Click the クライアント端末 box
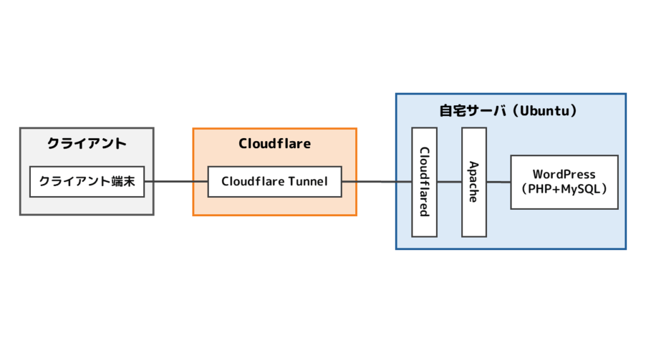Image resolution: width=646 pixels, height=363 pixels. click(x=87, y=181)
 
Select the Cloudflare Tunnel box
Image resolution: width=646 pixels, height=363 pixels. click(x=274, y=181)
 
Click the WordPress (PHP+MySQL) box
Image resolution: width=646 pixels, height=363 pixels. click(x=564, y=181)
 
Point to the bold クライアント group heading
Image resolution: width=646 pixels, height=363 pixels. click(x=87, y=144)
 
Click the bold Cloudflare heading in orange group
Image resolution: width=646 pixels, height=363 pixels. click(x=274, y=144)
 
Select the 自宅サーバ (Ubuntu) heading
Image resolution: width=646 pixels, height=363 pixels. click(x=509, y=110)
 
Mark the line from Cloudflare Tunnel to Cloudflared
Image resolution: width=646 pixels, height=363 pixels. click(x=376, y=181)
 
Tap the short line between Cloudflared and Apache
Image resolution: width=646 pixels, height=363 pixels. click(x=449, y=181)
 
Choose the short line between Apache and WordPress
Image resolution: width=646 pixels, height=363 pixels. click(x=498, y=181)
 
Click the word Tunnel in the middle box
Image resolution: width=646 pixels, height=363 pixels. click(x=308, y=181)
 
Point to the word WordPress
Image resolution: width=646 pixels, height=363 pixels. click(x=564, y=174)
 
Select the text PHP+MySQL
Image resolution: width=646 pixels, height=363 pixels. click(x=564, y=188)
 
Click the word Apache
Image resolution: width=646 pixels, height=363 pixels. click(x=473, y=181)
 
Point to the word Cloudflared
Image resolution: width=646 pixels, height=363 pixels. click(x=424, y=181)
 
